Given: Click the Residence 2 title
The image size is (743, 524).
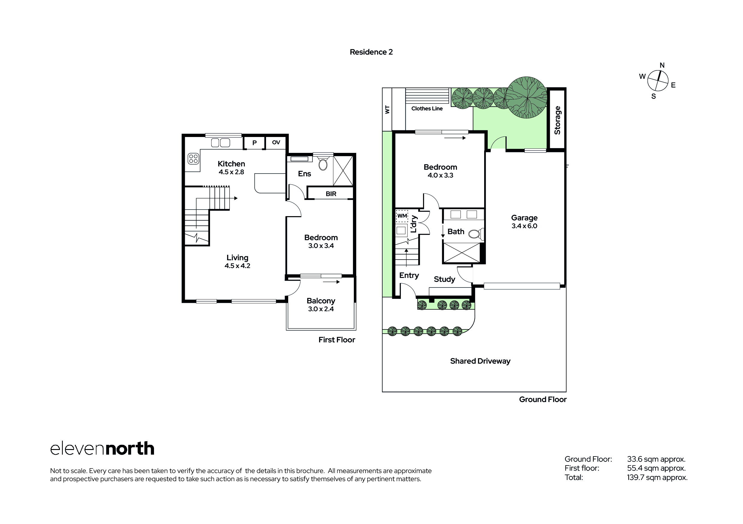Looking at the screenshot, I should pyautogui.click(x=371, y=52).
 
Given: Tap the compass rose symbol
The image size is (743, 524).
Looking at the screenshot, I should pyautogui.click(x=658, y=81).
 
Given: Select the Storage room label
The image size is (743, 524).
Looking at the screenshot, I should pyautogui.click(x=557, y=120).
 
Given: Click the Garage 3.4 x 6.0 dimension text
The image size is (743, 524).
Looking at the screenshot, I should pyautogui.click(x=524, y=226).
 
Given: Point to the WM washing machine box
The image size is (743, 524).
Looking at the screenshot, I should pyautogui.click(x=402, y=216).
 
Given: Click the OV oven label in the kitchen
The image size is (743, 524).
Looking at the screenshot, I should pyautogui.click(x=276, y=142).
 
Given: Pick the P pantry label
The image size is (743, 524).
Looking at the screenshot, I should pyautogui.click(x=254, y=142).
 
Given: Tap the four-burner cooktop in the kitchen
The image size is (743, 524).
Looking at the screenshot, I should pyautogui.click(x=193, y=159).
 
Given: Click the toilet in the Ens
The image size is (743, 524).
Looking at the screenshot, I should pyautogui.click(x=323, y=164).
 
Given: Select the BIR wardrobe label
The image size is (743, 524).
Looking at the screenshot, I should pyautogui.click(x=331, y=194).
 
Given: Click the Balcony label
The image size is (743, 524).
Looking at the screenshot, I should pyautogui.click(x=321, y=301).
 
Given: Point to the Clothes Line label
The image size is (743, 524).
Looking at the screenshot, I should pyautogui.click(x=427, y=109).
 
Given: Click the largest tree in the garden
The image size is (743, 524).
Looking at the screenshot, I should pyautogui.click(x=526, y=97).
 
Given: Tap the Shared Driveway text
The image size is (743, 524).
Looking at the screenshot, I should pyautogui.click(x=480, y=361).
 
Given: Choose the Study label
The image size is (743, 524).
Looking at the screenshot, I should pyautogui.click(x=444, y=279).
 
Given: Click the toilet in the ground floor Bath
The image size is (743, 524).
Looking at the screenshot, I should pyautogui.click(x=475, y=234).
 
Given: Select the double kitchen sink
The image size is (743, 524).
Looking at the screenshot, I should pyautogui.click(x=221, y=142).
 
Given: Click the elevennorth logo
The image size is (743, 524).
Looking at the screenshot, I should pyautogui.click(x=102, y=449).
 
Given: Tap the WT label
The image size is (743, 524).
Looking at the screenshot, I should pyautogui.click(x=387, y=109).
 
